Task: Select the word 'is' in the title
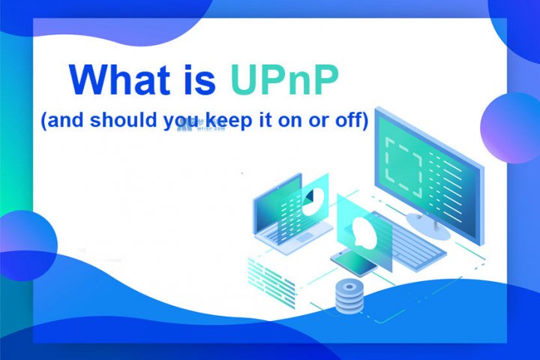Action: click(x=193, y=80)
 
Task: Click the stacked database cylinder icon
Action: click(x=346, y=295)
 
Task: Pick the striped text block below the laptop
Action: click(x=267, y=270)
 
